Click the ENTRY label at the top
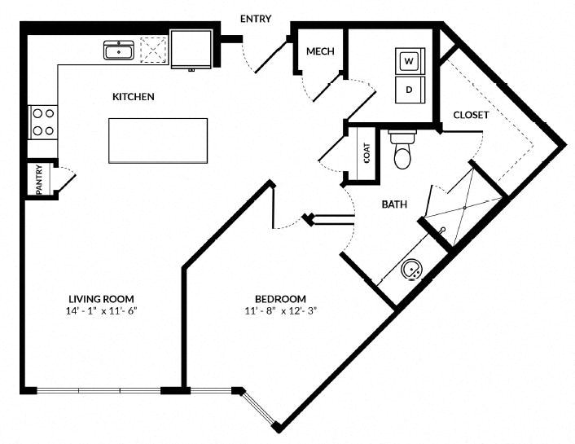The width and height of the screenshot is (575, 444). [x=256, y=19]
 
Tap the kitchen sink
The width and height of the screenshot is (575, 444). [x=119, y=51]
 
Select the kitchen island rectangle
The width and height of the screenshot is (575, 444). [x=158, y=141]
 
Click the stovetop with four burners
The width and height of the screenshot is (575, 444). [x=43, y=122]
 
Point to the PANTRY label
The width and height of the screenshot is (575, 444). [x=39, y=179]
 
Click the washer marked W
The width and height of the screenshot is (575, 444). [x=410, y=61]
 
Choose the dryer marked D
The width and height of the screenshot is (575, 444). [x=410, y=90]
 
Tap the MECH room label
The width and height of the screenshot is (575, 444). [x=320, y=51]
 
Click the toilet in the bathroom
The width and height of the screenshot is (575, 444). [x=402, y=149]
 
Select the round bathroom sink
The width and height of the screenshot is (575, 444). [x=413, y=270]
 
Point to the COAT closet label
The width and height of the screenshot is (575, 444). [x=367, y=152]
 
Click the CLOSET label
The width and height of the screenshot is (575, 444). [x=471, y=115]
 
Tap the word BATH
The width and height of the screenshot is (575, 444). [x=394, y=204]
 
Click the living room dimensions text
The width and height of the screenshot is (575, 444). [x=101, y=311]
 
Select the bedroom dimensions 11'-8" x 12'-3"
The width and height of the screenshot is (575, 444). [x=280, y=311]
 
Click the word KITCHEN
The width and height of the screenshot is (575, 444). [x=133, y=97]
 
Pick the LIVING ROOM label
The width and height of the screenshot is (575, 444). [x=101, y=299]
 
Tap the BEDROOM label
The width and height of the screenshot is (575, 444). [x=280, y=299]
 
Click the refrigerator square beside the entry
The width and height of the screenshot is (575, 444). [x=191, y=49]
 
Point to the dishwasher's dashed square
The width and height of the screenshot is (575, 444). [x=153, y=50]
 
